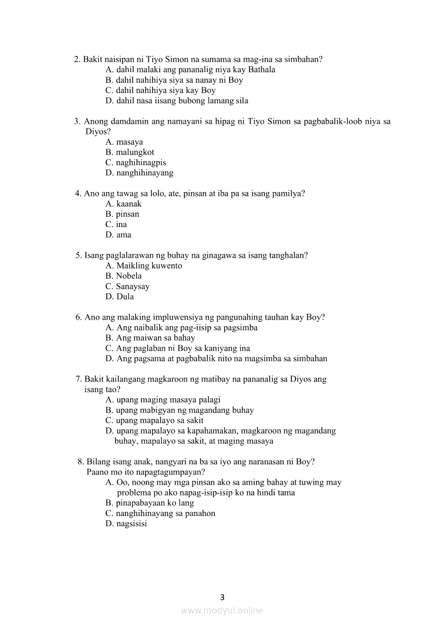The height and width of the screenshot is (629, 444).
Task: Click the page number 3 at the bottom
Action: click(x=222, y=597)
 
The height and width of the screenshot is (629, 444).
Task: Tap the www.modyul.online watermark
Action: click(x=222, y=610)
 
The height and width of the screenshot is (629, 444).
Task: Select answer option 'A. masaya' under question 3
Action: click(x=124, y=142)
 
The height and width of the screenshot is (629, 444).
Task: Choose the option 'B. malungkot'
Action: click(x=130, y=152)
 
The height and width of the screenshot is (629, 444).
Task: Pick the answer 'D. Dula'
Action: click(x=120, y=296)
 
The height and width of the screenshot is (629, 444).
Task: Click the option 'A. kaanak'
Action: click(x=124, y=204)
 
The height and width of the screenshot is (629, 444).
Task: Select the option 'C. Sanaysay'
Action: click(x=127, y=286)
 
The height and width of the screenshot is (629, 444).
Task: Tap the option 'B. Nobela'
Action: click(x=124, y=276)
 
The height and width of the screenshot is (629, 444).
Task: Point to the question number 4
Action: click(x=77, y=194)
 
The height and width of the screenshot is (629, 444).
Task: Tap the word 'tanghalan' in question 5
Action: click(x=289, y=256)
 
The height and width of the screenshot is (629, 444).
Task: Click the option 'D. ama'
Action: click(x=118, y=235)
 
